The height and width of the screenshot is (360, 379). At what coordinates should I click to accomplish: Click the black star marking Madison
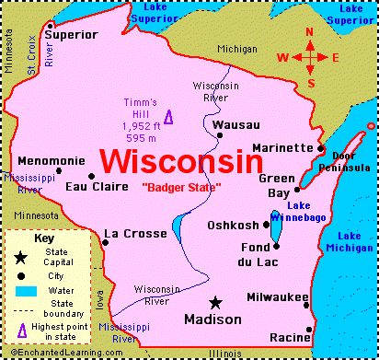215,302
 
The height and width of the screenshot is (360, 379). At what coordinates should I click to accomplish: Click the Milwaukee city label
277,296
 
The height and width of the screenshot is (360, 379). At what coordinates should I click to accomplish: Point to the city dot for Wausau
219,136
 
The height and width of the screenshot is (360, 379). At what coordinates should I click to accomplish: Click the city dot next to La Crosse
105,243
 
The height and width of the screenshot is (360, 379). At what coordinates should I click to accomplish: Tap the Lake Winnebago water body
275,230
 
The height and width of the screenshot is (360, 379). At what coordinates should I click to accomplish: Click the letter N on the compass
310,30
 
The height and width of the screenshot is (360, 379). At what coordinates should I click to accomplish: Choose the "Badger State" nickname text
181,188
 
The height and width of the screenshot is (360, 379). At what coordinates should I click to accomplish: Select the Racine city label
290,338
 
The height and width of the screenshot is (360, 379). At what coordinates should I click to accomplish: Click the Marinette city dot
320,148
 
